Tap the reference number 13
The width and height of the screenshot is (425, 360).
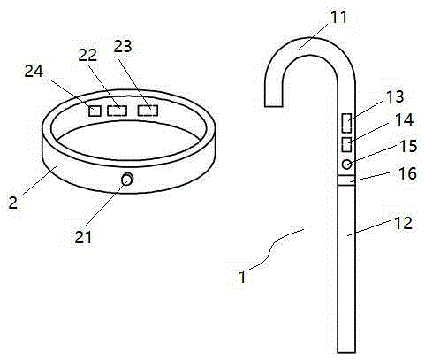[394, 96]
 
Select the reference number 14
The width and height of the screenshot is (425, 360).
[404, 119]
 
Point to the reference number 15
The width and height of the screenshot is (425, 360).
[408, 146]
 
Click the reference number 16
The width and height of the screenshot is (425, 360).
[408, 173]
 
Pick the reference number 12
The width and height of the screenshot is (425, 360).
[403, 223]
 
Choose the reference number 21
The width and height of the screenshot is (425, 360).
[83, 237]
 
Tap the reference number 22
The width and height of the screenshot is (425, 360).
[87, 55]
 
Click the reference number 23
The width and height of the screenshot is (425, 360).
[123, 46]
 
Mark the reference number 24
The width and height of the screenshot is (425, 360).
[34, 72]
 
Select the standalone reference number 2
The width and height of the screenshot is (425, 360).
[12, 203]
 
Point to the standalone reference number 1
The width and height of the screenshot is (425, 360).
[242, 277]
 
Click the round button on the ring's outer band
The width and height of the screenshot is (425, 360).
[127, 179]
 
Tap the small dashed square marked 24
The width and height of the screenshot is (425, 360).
[95, 111]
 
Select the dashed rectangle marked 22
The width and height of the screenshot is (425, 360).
[117, 111]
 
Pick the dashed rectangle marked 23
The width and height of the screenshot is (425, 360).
[148, 111]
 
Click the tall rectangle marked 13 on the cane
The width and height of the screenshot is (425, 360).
[346, 123]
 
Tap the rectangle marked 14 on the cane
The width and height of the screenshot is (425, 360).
[346, 145]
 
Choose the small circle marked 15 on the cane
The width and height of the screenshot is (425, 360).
[346, 164]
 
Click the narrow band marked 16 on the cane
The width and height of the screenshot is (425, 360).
[346, 180]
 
